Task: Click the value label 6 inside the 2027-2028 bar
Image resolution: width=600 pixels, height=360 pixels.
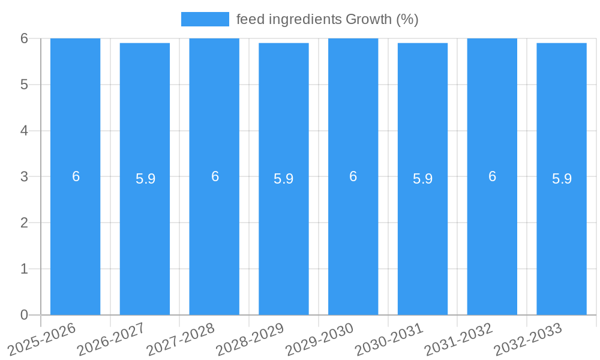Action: [x=215, y=176]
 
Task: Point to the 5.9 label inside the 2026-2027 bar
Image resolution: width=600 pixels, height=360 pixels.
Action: [x=145, y=179]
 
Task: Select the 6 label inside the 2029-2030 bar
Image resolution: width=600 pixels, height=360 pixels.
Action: [x=353, y=176]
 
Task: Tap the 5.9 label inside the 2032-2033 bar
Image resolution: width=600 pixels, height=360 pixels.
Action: [x=562, y=179]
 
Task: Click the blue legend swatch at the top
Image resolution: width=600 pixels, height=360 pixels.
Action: [x=205, y=19]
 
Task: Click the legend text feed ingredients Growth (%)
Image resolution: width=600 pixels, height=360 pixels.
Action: [x=327, y=19]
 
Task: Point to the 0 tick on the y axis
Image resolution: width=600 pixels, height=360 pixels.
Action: [x=24, y=315]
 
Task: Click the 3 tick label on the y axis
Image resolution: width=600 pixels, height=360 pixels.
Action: [x=24, y=177]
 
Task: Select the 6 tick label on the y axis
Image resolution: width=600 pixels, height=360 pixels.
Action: [x=24, y=38]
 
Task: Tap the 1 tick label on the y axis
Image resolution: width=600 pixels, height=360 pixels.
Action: [x=24, y=269]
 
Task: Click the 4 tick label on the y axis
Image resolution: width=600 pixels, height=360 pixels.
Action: [x=24, y=131]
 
